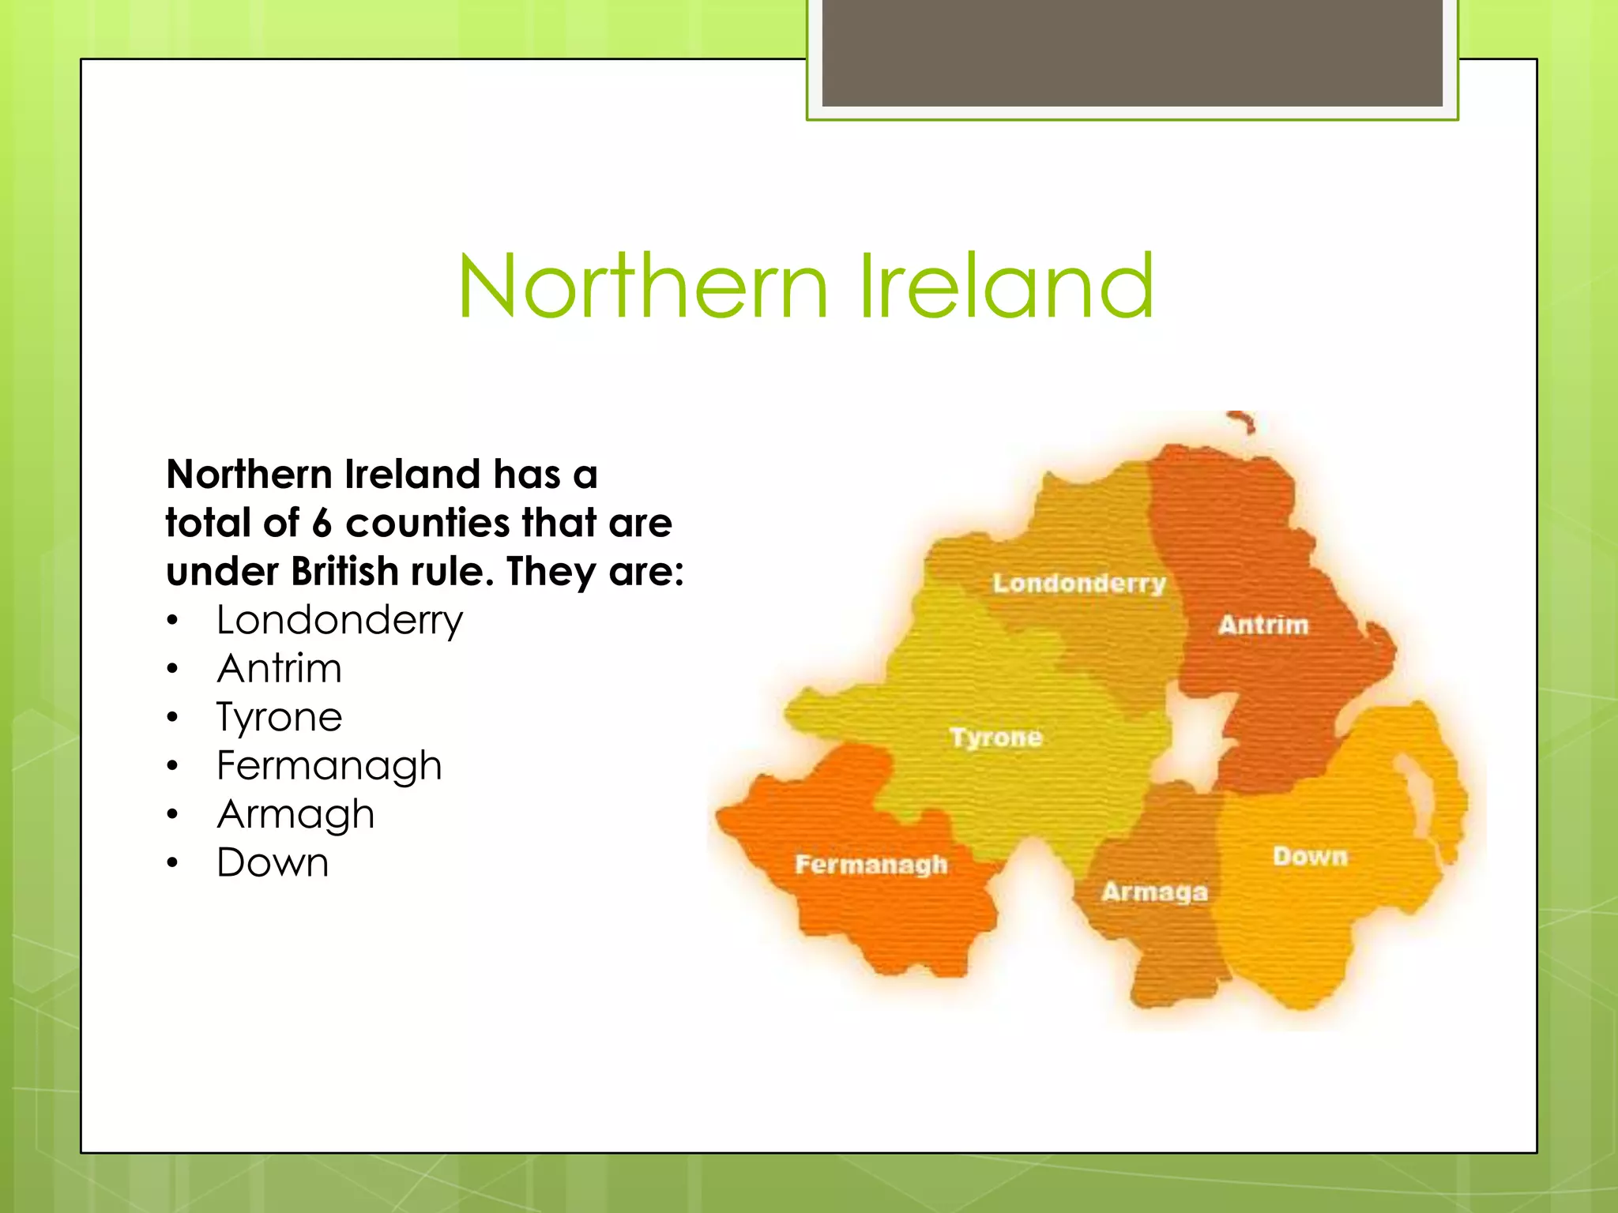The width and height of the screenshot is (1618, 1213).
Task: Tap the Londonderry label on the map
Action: tap(1079, 584)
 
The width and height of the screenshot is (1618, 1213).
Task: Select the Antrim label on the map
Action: tap(1263, 625)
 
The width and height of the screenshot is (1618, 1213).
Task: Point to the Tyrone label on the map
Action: tap(996, 738)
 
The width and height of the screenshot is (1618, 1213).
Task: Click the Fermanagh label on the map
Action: tap(871, 864)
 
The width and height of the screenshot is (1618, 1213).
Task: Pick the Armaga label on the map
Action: tap(1154, 892)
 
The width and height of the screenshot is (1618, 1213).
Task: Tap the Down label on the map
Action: tap(1310, 856)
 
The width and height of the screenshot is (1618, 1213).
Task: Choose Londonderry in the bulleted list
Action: tap(340, 621)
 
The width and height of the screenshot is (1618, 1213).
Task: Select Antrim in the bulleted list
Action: tap(280, 669)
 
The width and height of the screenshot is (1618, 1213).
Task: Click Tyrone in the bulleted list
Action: tap(280, 718)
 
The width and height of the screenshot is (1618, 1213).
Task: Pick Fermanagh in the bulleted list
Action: tap(329, 766)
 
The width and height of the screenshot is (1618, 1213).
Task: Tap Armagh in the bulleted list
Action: tap(295, 815)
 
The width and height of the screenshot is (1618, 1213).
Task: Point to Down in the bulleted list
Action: tap(273, 862)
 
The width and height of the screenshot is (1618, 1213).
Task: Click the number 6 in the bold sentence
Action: tap(321, 524)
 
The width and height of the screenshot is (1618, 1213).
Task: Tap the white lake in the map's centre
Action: tap(1198, 738)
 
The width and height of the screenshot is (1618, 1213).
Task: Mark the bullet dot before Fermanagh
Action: tap(173, 765)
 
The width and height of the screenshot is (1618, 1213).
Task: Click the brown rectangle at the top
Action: tap(1132, 53)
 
